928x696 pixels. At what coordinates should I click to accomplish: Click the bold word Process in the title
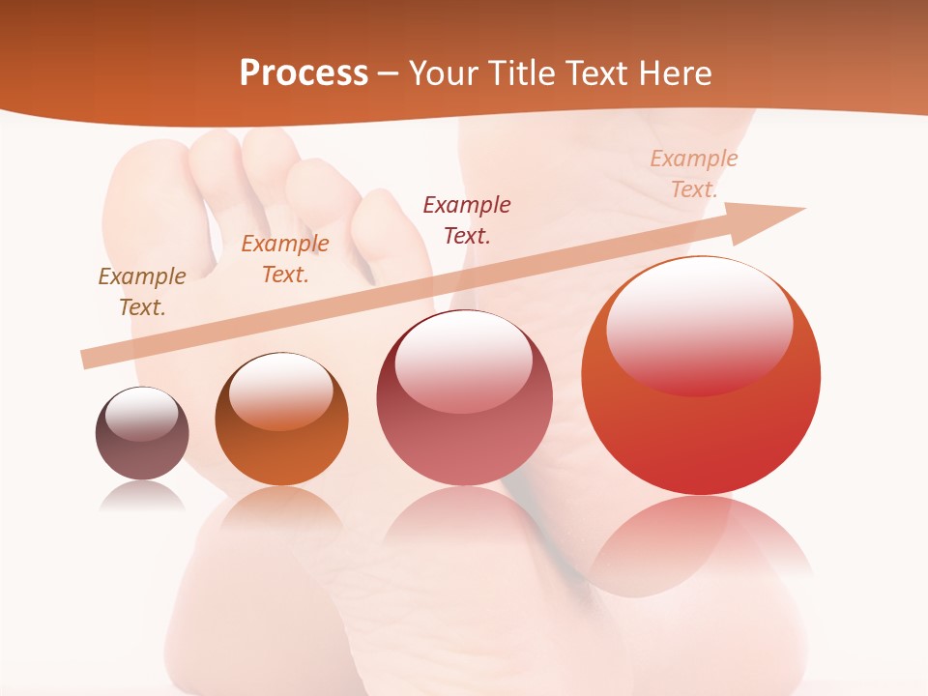click(304, 73)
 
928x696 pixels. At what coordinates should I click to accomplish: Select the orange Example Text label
click(285, 259)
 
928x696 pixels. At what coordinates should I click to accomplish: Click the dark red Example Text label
click(467, 219)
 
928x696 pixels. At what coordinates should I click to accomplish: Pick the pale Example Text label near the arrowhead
click(694, 174)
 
